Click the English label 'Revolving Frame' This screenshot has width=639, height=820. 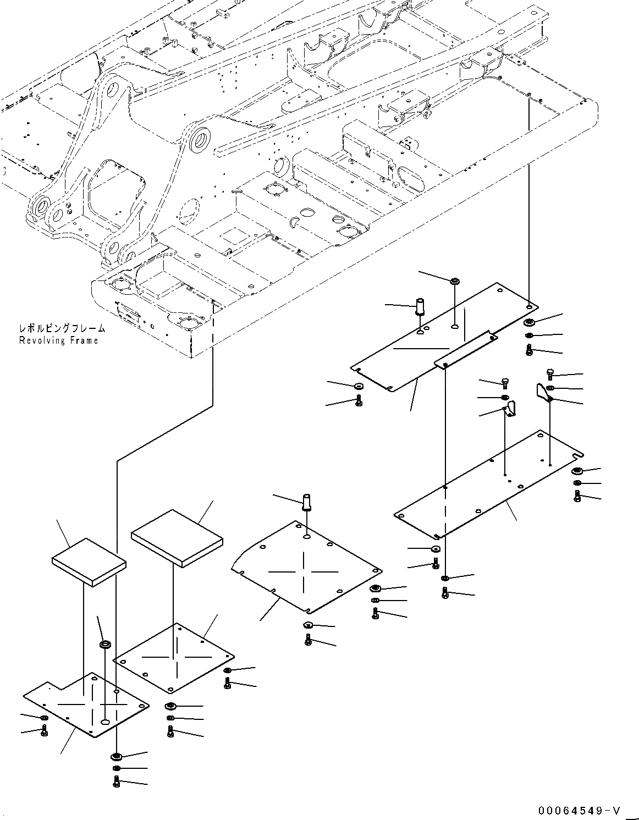(58, 340)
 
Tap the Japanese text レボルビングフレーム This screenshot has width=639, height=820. (62, 329)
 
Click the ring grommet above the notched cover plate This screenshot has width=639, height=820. (104, 643)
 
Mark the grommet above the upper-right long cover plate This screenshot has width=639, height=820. (455, 282)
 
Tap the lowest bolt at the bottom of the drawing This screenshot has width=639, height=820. (116, 782)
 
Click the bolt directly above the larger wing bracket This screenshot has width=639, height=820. (549, 375)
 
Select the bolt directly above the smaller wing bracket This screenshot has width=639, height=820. (505, 383)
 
